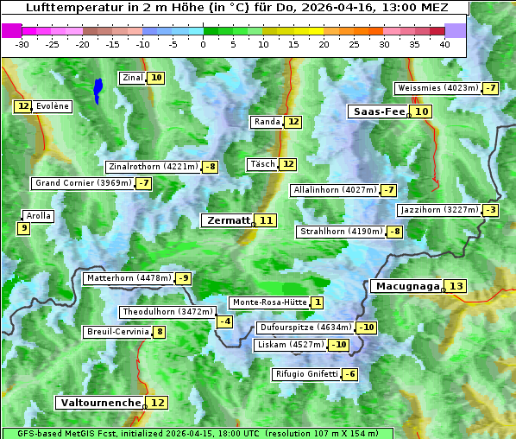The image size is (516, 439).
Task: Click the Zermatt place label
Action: point(226,220)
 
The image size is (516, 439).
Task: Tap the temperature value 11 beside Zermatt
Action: point(267,220)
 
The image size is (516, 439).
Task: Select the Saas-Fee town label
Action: point(377,111)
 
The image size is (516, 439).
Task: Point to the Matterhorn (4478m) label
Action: point(128,278)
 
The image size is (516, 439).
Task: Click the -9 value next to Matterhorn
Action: point(183,278)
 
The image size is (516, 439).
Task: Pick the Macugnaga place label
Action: point(406,286)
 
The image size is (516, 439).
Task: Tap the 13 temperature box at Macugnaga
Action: point(456,286)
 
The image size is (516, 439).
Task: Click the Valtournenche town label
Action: point(99,403)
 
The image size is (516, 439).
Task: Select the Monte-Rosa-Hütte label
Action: point(268,302)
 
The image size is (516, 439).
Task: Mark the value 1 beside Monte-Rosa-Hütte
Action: point(318,302)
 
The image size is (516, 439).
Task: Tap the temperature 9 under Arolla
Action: point(23,228)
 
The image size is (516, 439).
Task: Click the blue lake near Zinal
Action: point(98,89)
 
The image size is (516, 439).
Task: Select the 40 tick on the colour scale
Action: point(444,43)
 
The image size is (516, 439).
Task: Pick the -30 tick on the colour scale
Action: point(22,43)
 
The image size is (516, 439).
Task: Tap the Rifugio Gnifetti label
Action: point(306,374)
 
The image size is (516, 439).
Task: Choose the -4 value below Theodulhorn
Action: point(224,321)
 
